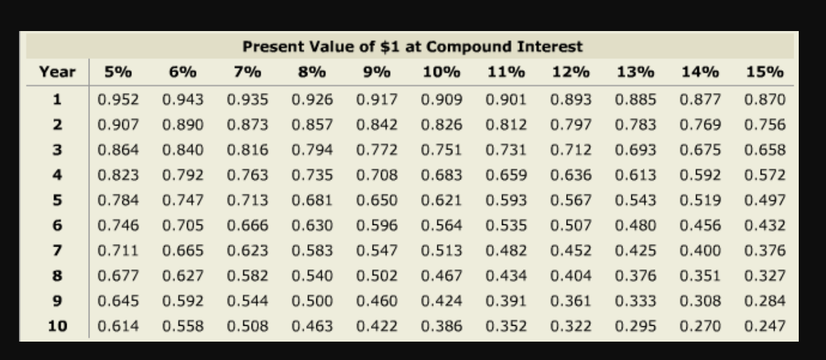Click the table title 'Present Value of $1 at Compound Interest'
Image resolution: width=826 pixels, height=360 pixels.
point(413,47)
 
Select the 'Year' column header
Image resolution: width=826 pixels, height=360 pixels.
point(57,72)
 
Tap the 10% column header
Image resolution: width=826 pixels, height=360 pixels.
point(441,72)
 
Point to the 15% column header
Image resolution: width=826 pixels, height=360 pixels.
point(765,72)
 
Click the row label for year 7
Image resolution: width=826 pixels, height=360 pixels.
point(57,250)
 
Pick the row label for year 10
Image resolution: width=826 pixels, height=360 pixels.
point(57,326)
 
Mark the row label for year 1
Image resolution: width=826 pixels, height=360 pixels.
point(57,100)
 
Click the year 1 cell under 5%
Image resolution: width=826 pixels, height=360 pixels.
point(118,100)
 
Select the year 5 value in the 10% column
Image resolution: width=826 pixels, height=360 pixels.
point(441,200)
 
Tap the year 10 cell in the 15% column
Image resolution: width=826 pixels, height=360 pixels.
point(765,326)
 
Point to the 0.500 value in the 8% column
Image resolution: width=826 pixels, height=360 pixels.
point(312,301)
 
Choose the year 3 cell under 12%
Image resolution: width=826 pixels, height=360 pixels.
point(571,150)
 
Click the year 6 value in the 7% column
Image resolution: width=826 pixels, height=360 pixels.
point(247,226)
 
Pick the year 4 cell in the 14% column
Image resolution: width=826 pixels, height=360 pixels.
point(700,175)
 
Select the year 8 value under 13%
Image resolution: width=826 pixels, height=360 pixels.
point(635,276)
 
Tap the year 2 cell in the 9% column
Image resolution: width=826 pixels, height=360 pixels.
point(377,125)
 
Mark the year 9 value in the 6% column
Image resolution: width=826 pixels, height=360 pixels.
point(183,301)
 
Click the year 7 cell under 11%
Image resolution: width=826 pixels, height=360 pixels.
point(506,250)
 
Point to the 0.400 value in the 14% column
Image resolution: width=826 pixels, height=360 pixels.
point(700,250)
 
